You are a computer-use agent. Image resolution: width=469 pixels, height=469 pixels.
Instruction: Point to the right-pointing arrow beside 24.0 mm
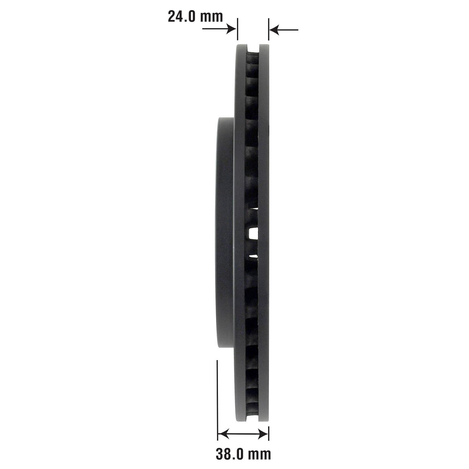tap(219, 29)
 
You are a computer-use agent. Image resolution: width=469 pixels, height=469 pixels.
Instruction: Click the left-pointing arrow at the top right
tap(284, 30)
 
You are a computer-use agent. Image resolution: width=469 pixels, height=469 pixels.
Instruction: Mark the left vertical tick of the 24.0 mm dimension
tap(238, 29)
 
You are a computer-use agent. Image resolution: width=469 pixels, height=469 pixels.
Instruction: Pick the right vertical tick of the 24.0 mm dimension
tap(269, 29)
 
